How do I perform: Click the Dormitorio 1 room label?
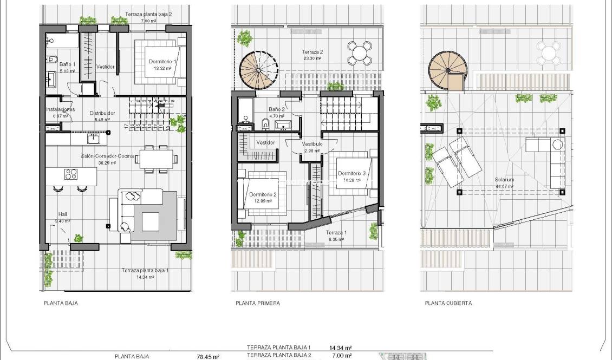[162, 62]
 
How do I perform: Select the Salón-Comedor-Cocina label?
[107, 156]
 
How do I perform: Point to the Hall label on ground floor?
[62, 214]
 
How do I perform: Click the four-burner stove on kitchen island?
[71, 174]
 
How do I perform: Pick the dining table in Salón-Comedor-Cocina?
[155, 159]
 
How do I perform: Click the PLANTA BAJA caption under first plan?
[61, 303]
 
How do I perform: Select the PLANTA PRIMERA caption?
[254, 303]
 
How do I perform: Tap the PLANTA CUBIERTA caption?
[448, 303]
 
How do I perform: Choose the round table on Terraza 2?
[359, 53]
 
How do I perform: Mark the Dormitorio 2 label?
[263, 194]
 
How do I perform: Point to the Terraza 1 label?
[336, 233]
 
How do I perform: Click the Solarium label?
[504, 180]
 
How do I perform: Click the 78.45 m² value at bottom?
[207, 357]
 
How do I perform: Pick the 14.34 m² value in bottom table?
[340, 348]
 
